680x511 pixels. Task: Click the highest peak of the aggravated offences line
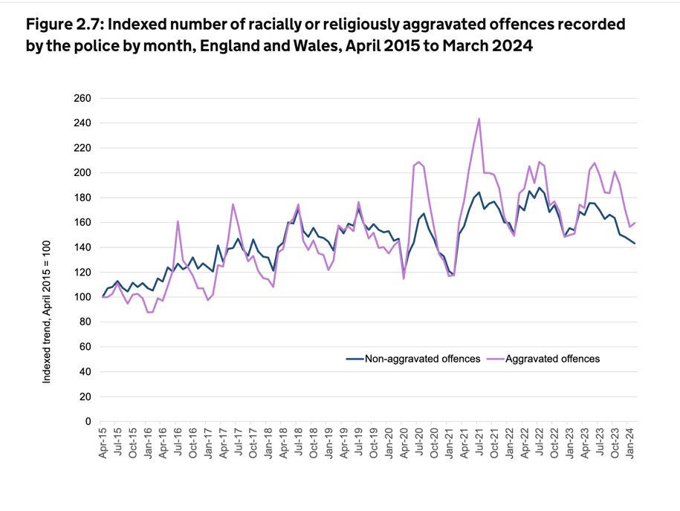pyautogui.click(x=479, y=119)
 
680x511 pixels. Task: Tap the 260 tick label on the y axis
pyautogui.click(x=82, y=98)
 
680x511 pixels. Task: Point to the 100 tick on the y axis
pyautogui.click(x=82, y=297)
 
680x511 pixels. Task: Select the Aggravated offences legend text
pyautogui.click(x=552, y=359)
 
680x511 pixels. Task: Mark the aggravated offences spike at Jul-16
pyautogui.click(x=178, y=221)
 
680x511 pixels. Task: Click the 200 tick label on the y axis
pyautogui.click(x=82, y=173)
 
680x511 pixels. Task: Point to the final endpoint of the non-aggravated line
pyautogui.click(x=635, y=244)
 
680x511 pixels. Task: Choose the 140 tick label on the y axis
pyautogui.click(x=82, y=247)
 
